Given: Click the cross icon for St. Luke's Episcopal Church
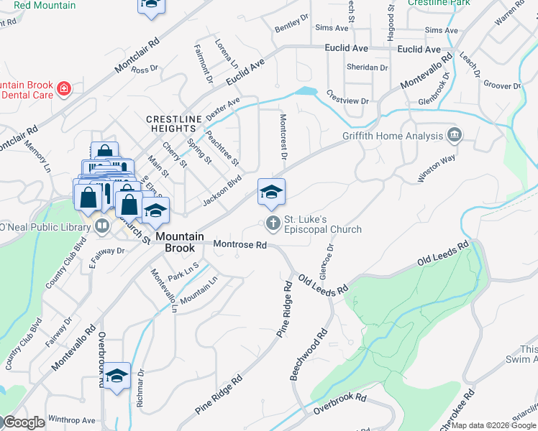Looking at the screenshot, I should pyautogui.click(x=273, y=223).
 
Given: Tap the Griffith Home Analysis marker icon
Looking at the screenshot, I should pyautogui.click(x=454, y=135).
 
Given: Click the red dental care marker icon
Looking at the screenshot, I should pyautogui.click(x=64, y=88).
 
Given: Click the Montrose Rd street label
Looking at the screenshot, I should pyautogui.click(x=240, y=245).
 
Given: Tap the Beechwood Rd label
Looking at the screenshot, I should pyautogui.click(x=309, y=355).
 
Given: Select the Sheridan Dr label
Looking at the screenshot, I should pyautogui.click(x=368, y=68).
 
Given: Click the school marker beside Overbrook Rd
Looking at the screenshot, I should pyautogui.click(x=117, y=375).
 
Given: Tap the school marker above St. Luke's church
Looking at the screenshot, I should pyautogui.click(x=271, y=192).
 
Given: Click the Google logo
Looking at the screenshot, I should pyautogui.click(x=24, y=422).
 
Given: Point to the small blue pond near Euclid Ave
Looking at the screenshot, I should pyautogui.click(x=305, y=91).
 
